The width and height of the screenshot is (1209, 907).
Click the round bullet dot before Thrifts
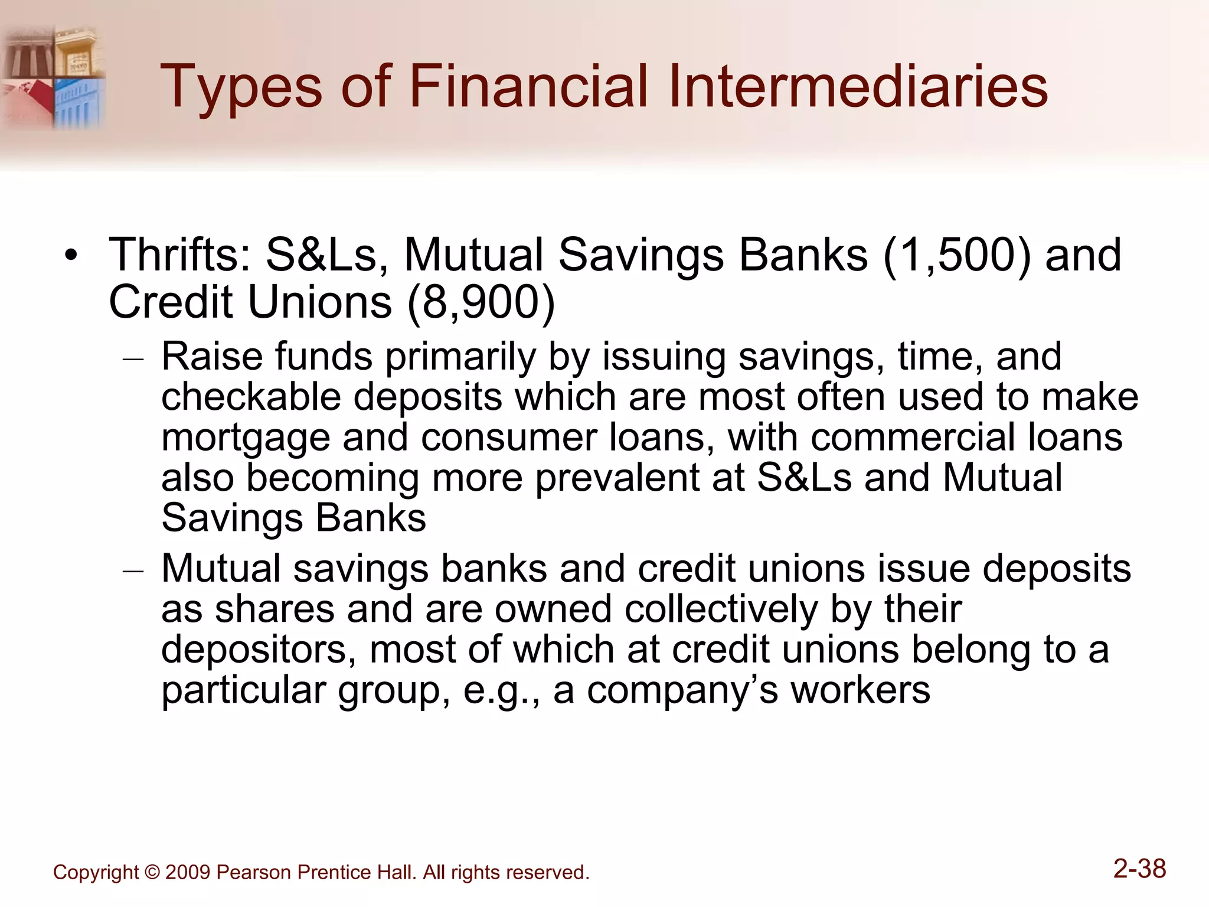point(71,256)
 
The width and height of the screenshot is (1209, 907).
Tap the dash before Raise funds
point(133,358)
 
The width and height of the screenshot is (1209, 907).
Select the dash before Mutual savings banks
point(133,571)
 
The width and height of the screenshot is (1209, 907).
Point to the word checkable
point(251,397)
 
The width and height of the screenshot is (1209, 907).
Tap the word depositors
point(259,650)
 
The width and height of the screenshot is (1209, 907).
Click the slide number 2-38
point(1139,869)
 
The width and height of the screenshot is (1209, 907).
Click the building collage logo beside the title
point(53,77)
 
